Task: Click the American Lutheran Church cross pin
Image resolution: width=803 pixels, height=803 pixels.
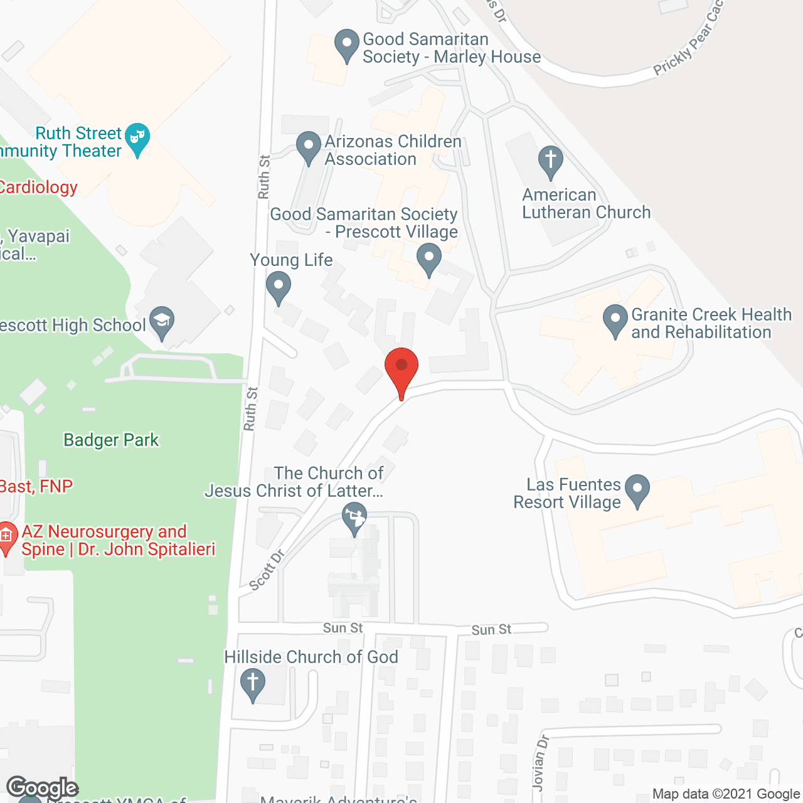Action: pyautogui.click(x=551, y=161)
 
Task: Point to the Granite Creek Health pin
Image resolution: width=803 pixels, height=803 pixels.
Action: pyautogui.click(x=615, y=319)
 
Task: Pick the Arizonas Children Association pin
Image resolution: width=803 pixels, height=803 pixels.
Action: pyautogui.click(x=308, y=146)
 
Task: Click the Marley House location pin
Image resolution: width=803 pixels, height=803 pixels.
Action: pyautogui.click(x=346, y=44)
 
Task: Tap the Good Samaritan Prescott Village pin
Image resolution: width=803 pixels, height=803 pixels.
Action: pyautogui.click(x=429, y=258)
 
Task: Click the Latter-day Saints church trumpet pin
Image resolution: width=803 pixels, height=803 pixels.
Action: pyautogui.click(x=354, y=518)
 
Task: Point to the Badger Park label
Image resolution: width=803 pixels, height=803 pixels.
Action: pyautogui.click(x=111, y=440)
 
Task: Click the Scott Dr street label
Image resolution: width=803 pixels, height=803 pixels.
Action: pyautogui.click(x=267, y=570)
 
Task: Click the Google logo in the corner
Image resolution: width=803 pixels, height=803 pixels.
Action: pyautogui.click(x=42, y=788)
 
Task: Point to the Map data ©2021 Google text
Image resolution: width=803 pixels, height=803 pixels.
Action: pyautogui.click(x=726, y=794)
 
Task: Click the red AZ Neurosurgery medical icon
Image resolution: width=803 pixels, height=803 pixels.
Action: pyautogui.click(x=7, y=536)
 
